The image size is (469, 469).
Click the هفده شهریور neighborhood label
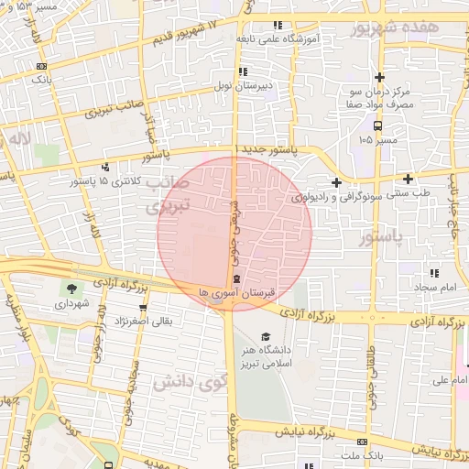pos(396,28)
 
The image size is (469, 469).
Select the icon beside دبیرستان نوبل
pos(242,71)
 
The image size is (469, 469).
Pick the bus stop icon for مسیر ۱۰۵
pos(377,125)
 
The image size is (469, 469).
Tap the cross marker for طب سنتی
pos(408,179)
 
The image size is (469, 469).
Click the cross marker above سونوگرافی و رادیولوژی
pos(337,182)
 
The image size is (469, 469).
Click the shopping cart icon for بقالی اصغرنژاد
pos(142,309)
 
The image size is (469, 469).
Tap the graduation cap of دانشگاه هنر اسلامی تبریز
pos(266,336)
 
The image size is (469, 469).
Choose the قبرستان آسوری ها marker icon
pos(237,278)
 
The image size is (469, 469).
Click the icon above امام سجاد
pos(433,273)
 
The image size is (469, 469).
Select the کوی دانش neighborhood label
pos(188,380)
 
